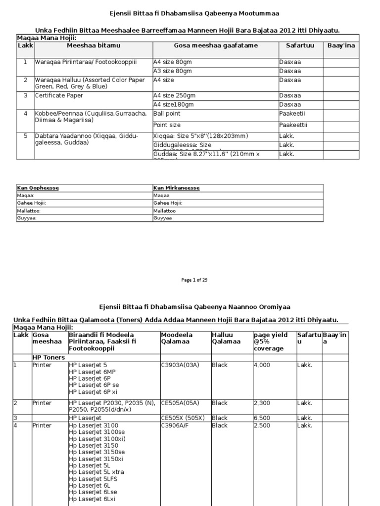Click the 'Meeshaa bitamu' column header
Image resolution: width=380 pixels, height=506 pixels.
pyautogui.click(x=94, y=45)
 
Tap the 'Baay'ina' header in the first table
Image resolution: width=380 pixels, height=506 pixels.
pyautogui.click(x=341, y=45)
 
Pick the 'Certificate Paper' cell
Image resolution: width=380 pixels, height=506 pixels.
pyautogui.click(x=59, y=95)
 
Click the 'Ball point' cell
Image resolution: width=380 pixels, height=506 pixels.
pyautogui.click(x=168, y=113)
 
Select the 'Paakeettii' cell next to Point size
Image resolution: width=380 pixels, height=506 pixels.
pyautogui.click(x=293, y=125)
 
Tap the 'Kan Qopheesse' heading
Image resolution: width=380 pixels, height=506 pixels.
pyautogui.click(x=38, y=188)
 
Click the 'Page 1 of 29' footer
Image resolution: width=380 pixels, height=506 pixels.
pyautogui.click(x=194, y=280)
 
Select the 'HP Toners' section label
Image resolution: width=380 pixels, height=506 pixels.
pyautogui.click(x=49, y=357)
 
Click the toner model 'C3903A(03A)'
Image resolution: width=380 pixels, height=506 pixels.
pyautogui.click(x=180, y=365)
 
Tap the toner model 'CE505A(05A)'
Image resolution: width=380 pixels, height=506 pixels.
pyautogui.click(x=180, y=403)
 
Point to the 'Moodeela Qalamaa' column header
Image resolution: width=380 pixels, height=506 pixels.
pyautogui.click(x=177, y=338)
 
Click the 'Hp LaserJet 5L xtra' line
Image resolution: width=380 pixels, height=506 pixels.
pyautogui.click(x=96, y=472)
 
